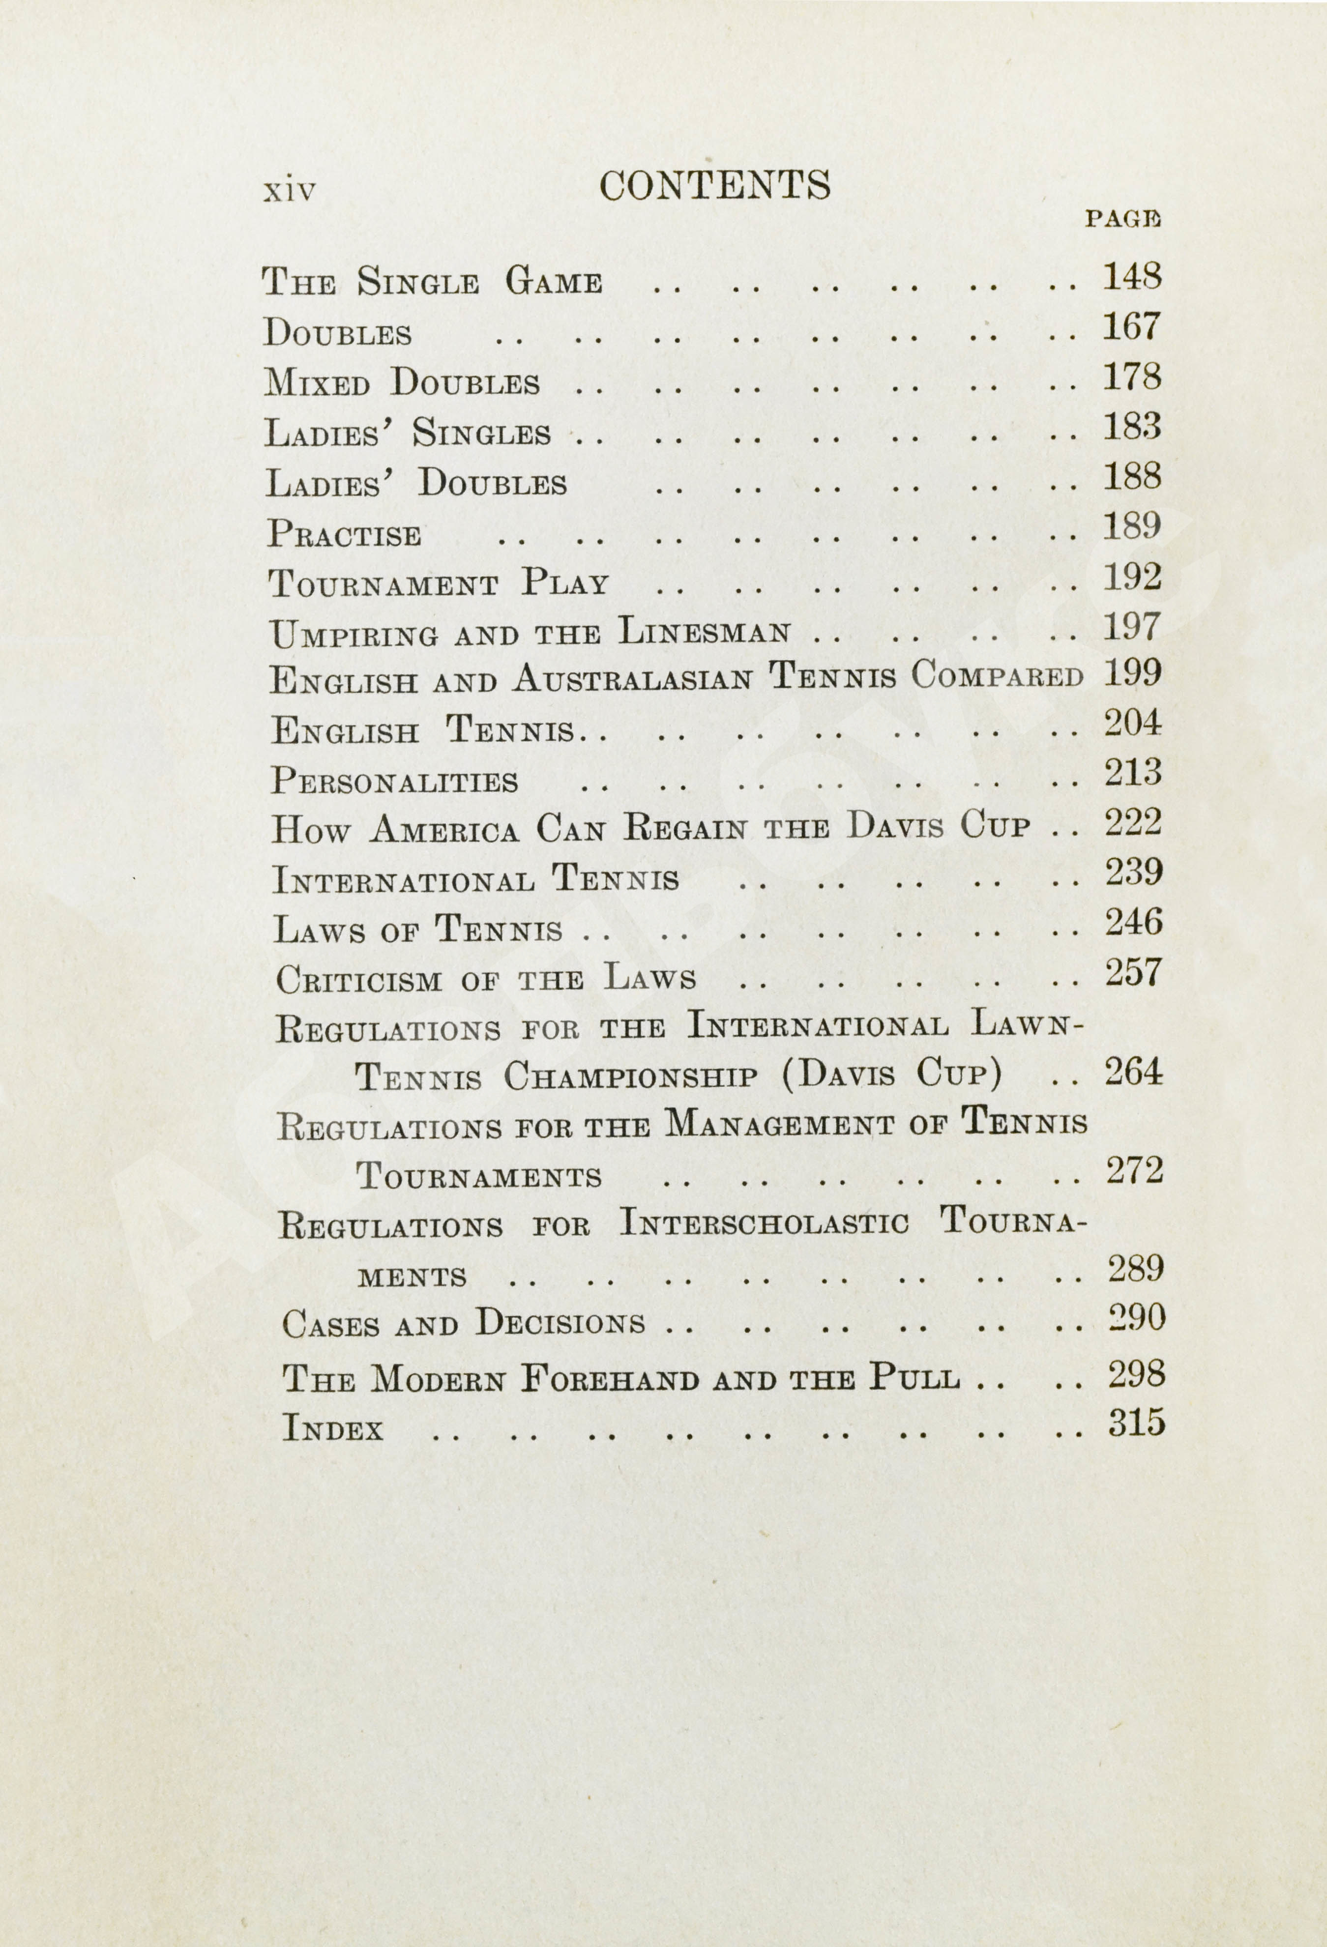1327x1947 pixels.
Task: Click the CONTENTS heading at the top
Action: (714, 185)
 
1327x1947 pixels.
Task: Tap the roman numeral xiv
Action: (290, 191)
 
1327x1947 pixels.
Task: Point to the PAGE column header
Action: (1122, 220)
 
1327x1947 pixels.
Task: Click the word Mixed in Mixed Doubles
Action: (317, 384)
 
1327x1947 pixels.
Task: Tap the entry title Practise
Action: (344, 534)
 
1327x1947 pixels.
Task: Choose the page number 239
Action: (1133, 873)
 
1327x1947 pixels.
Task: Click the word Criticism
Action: (358, 979)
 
